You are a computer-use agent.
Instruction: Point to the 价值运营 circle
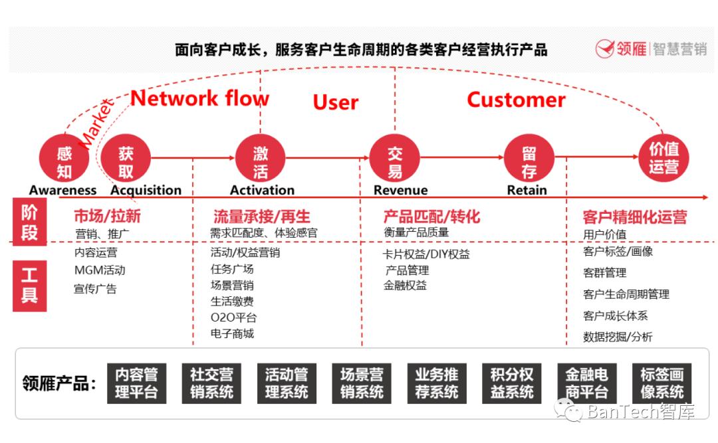click(663, 157)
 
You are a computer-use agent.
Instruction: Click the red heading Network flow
click(199, 98)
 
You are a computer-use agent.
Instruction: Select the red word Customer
click(516, 100)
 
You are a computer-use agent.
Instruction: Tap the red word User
click(336, 102)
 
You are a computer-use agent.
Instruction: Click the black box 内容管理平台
click(136, 383)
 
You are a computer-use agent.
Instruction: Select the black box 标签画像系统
click(661, 383)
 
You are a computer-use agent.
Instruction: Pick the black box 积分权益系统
click(511, 383)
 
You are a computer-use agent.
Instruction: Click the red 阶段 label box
click(29, 222)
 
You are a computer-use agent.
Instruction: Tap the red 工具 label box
click(29, 286)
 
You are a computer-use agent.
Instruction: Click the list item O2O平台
click(233, 317)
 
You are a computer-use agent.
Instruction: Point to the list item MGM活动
click(100, 270)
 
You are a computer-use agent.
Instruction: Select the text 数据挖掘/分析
click(618, 337)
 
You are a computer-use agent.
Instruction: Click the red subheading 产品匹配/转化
click(431, 217)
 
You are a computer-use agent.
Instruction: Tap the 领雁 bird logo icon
click(604, 48)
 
